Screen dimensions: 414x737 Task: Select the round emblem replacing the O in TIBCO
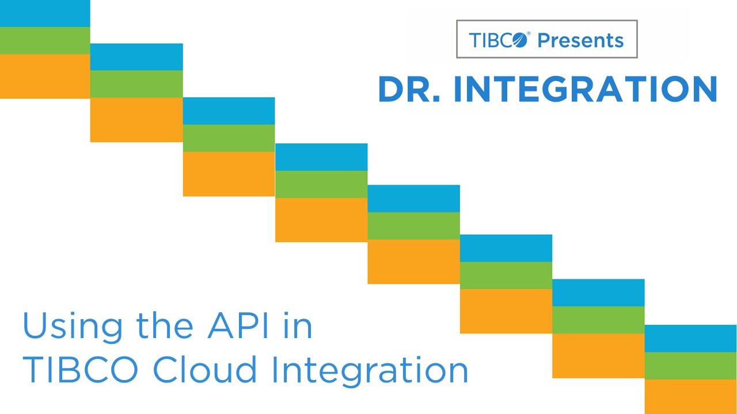click(x=519, y=40)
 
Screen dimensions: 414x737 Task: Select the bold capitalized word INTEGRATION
click(x=585, y=90)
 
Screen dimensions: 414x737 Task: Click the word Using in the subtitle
click(x=63, y=326)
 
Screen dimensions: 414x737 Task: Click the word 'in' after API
click(x=297, y=326)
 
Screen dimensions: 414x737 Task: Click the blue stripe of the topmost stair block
click(x=45, y=13)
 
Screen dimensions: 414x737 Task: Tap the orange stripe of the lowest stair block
click(x=690, y=397)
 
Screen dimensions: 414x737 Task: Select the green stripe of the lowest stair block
click(x=690, y=366)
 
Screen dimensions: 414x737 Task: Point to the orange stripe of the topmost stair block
click(x=45, y=76)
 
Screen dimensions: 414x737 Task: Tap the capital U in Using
click(x=35, y=326)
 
